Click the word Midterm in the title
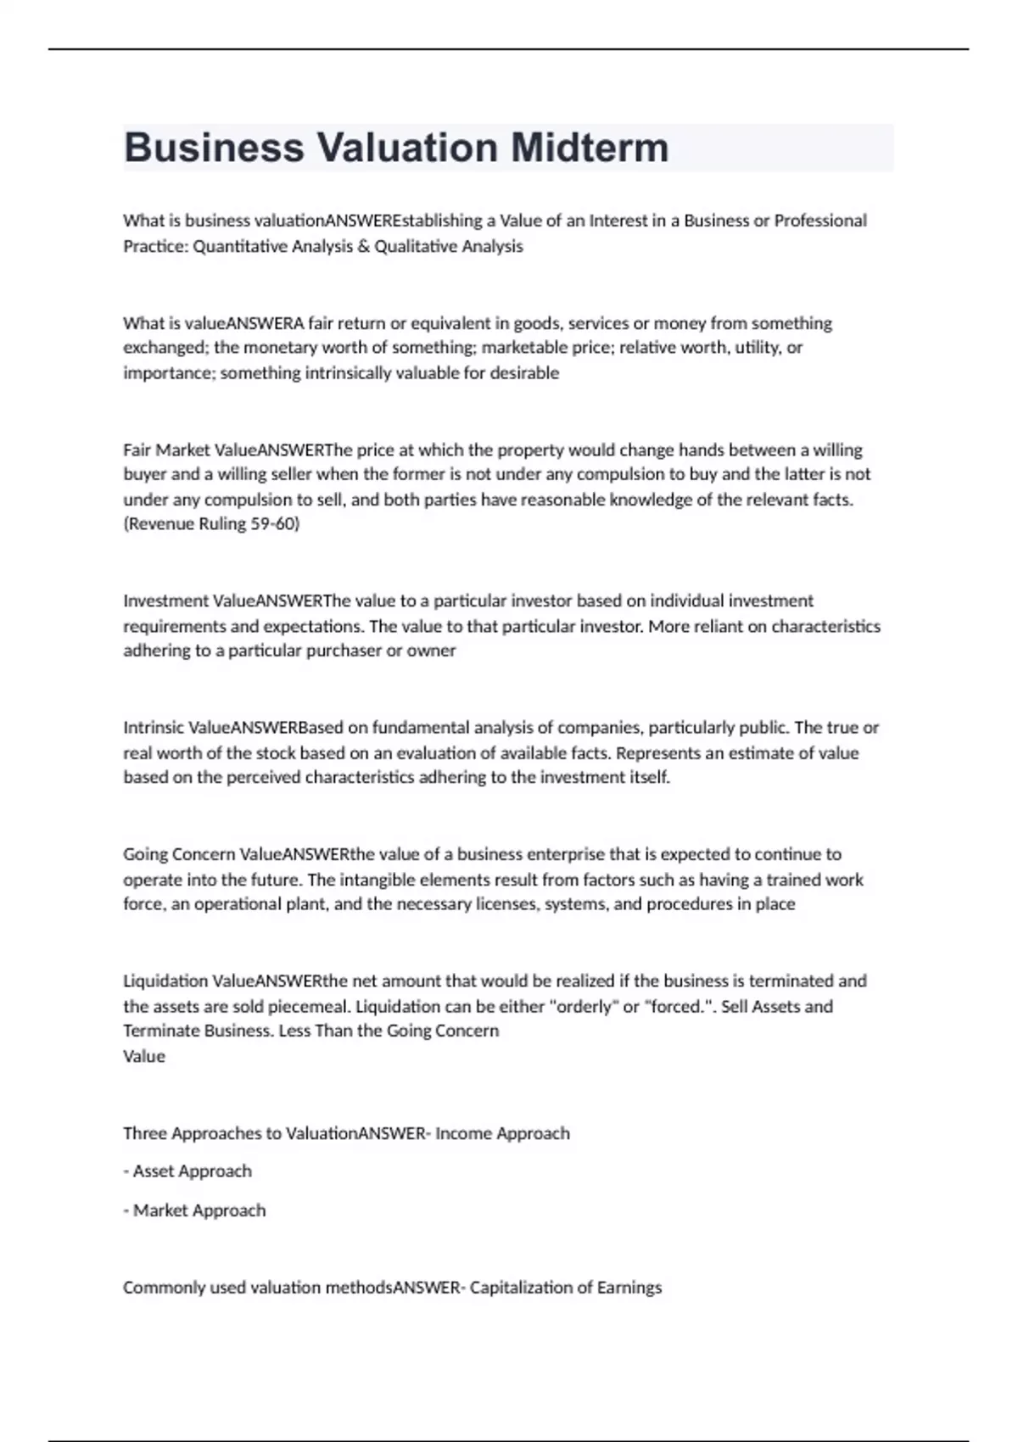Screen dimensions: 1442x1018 590,148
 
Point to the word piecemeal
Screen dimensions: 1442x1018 308,1006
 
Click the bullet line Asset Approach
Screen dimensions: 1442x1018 187,1171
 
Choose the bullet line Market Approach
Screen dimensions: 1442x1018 194,1210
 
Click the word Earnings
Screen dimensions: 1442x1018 629,1287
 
